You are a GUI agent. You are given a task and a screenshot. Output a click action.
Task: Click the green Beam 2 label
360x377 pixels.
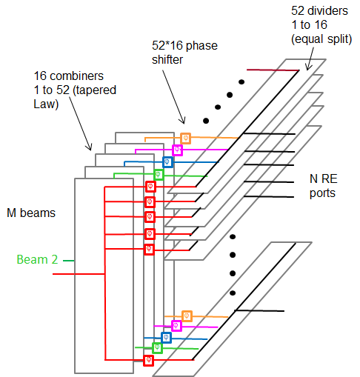coord(37,259)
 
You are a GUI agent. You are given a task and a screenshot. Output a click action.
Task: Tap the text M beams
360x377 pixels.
coord(31,213)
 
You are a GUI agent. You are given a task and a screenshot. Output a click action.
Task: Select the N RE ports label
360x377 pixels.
coord(323,186)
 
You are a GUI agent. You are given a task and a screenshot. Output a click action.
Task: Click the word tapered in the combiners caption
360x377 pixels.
coord(95,90)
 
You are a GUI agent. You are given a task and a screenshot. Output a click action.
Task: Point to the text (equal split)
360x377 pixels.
coord(321,39)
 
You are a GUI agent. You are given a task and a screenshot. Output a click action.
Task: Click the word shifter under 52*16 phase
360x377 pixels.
coord(167,60)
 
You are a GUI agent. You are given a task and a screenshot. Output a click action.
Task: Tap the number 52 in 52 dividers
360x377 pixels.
coord(298,11)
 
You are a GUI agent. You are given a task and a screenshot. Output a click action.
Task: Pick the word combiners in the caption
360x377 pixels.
coord(76,76)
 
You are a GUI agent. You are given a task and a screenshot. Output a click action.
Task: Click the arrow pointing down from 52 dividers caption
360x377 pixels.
coord(310,59)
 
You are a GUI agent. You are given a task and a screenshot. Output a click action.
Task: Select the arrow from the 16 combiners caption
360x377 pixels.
coord(81,124)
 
